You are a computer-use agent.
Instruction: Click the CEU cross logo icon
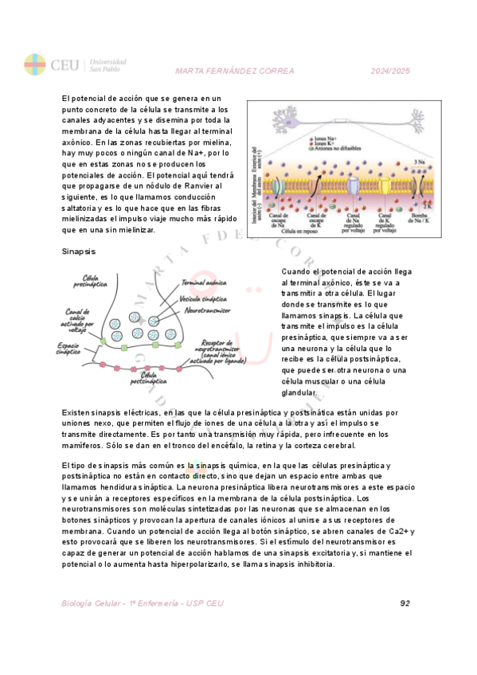point(35,64)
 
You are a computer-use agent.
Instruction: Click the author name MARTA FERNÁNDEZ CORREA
point(234,71)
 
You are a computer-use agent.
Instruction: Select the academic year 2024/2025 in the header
point(390,71)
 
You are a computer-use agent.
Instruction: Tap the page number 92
point(405,603)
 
